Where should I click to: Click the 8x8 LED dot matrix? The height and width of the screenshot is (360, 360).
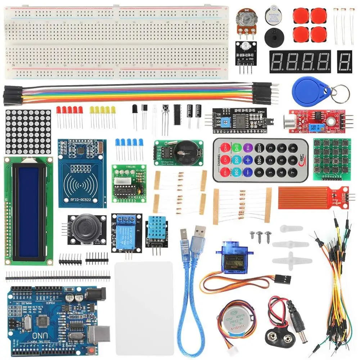click(28, 132)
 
